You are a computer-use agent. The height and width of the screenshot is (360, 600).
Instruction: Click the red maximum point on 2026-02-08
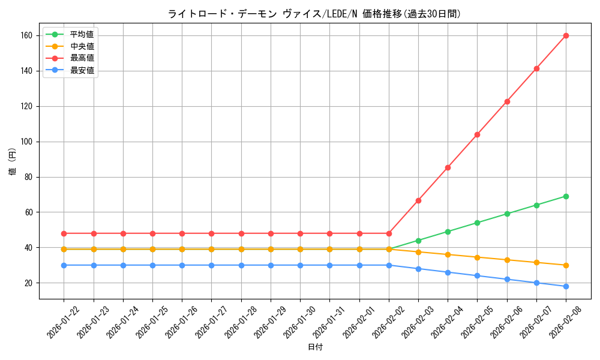tap(566, 35)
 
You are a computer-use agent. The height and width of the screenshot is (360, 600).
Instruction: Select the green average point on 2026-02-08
tap(566, 196)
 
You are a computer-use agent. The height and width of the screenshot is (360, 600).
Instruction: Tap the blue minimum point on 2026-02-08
tap(566, 286)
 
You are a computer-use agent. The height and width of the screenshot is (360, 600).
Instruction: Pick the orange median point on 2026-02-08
tap(566, 265)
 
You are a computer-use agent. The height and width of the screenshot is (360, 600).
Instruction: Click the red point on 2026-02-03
tap(418, 200)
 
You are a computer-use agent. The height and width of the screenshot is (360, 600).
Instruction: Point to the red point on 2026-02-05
tap(477, 134)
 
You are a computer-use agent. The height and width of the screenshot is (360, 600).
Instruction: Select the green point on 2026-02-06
tap(507, 214)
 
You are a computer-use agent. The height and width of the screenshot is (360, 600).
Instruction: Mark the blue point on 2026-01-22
tap(64, 265)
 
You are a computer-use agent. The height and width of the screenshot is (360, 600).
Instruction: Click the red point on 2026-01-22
tap(64, 233)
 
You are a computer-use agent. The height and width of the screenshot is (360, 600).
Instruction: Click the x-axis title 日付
tap(315, 347)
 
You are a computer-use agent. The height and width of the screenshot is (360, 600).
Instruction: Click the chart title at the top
tap(315, 14)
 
